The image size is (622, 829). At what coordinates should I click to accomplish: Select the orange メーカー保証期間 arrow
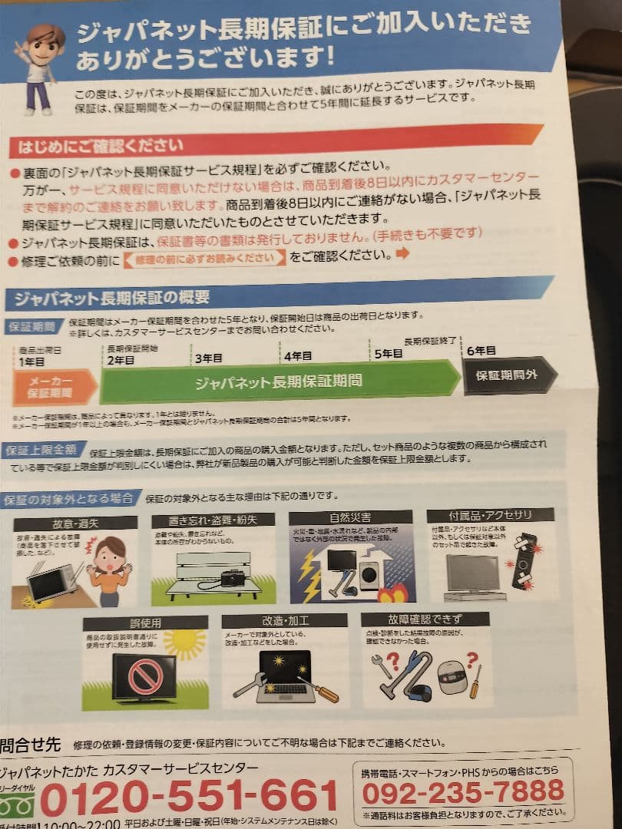[x=52, y=387]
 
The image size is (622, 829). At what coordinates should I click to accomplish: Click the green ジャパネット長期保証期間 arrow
[x=278, y=381]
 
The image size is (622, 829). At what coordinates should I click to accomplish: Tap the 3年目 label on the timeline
[x=208, y=358]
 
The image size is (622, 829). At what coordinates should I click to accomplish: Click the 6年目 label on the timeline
[x=481, y=351]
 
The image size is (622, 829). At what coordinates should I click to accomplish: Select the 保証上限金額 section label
[x=41, y=450]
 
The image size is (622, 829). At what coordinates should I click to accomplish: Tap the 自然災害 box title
[x=350, y=517]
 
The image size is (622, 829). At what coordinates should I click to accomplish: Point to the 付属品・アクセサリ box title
[x=490, y=514]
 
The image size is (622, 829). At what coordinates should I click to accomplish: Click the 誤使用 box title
[x=134, y=623]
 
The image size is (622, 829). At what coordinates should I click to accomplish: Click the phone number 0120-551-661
[x=189, y=797]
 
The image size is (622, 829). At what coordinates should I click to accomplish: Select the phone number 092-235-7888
[x=463, y=791]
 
